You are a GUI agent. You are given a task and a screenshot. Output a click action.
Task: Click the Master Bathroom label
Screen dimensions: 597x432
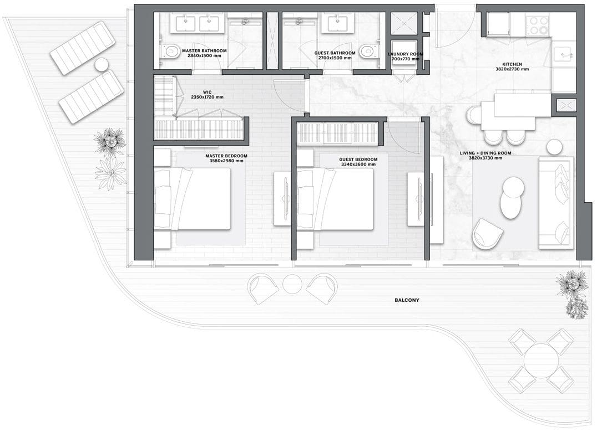click(x=204, y=50)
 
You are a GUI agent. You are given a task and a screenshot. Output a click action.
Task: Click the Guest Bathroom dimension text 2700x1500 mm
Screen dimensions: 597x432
click(x=335, y=58)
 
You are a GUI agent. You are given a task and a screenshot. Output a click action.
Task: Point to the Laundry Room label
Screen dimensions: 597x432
click(x=405, y=54)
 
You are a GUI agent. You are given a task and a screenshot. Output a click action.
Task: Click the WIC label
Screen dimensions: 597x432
click(x=207, y=92)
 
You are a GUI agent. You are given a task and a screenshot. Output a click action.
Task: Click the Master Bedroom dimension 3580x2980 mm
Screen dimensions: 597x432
click(x=226, y=161)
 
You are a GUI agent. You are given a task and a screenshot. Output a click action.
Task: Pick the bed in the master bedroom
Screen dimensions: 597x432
click(x=193, y=199)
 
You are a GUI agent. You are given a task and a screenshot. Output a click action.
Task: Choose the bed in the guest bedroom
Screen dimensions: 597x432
click(x=335, y=199)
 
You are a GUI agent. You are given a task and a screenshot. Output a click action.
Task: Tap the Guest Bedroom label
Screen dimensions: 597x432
click(x=358, y=160)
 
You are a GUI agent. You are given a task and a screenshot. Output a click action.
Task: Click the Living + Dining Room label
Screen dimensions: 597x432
click(x=485, y=153)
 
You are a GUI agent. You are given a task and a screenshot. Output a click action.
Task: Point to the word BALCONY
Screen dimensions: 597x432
click(x=407, y=300)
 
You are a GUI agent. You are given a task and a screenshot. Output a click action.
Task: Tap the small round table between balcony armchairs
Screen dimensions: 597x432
click(x=292, y=284)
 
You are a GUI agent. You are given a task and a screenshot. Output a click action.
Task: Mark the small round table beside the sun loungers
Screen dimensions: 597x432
click(x=102, y=64)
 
